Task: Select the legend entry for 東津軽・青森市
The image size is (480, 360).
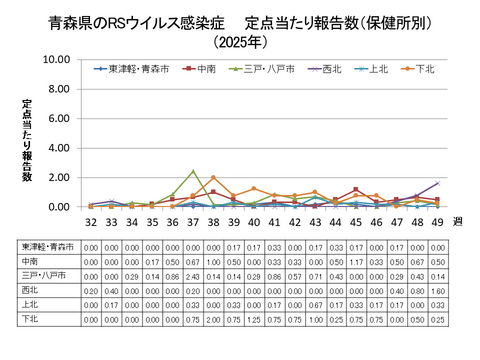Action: click(135, 69)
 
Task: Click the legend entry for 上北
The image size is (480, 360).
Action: click(376, 69)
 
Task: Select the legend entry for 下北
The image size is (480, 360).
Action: click(425, 69)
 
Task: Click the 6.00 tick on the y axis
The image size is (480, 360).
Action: click(57, 118)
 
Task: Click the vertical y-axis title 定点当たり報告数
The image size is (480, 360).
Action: click(27, 140)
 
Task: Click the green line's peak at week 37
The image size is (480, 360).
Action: click(193, 171)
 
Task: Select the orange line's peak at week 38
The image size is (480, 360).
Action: click(213, 178)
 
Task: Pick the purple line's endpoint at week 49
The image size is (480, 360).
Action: click(438, 183)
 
